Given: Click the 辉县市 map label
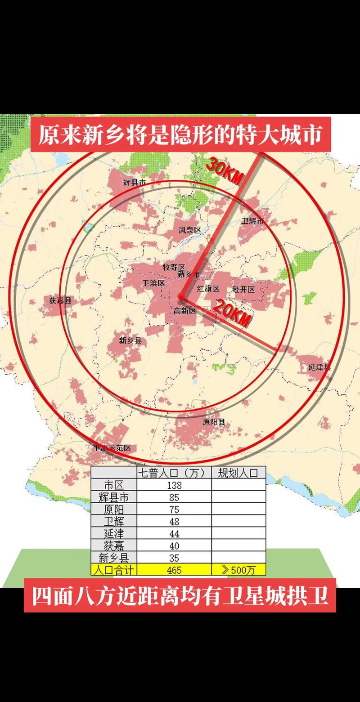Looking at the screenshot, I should [135, 183].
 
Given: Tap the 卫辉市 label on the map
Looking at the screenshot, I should [252, 221].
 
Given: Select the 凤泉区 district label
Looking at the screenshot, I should [190, 230].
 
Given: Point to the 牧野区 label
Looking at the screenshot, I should [174, 267].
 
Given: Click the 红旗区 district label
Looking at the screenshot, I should [208, 289].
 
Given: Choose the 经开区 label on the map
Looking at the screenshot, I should [243, 289].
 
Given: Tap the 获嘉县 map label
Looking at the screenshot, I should [60, 300].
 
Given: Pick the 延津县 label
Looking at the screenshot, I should [319, 367].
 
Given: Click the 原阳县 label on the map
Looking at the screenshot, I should [214, 422].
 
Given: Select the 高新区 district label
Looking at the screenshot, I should [185, 311].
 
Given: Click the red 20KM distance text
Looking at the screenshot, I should [231, 313].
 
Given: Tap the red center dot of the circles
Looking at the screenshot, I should [181, 297].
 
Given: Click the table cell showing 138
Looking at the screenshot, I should [174, 485].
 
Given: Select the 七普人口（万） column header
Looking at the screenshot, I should [174, 473].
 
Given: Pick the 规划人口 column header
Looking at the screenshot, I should [238, 473].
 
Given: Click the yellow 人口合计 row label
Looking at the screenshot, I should [114, 570].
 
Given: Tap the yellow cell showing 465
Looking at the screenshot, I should [174, 570].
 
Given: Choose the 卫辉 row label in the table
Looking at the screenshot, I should [114, 522].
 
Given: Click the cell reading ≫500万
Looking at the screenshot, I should [238, 570].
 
